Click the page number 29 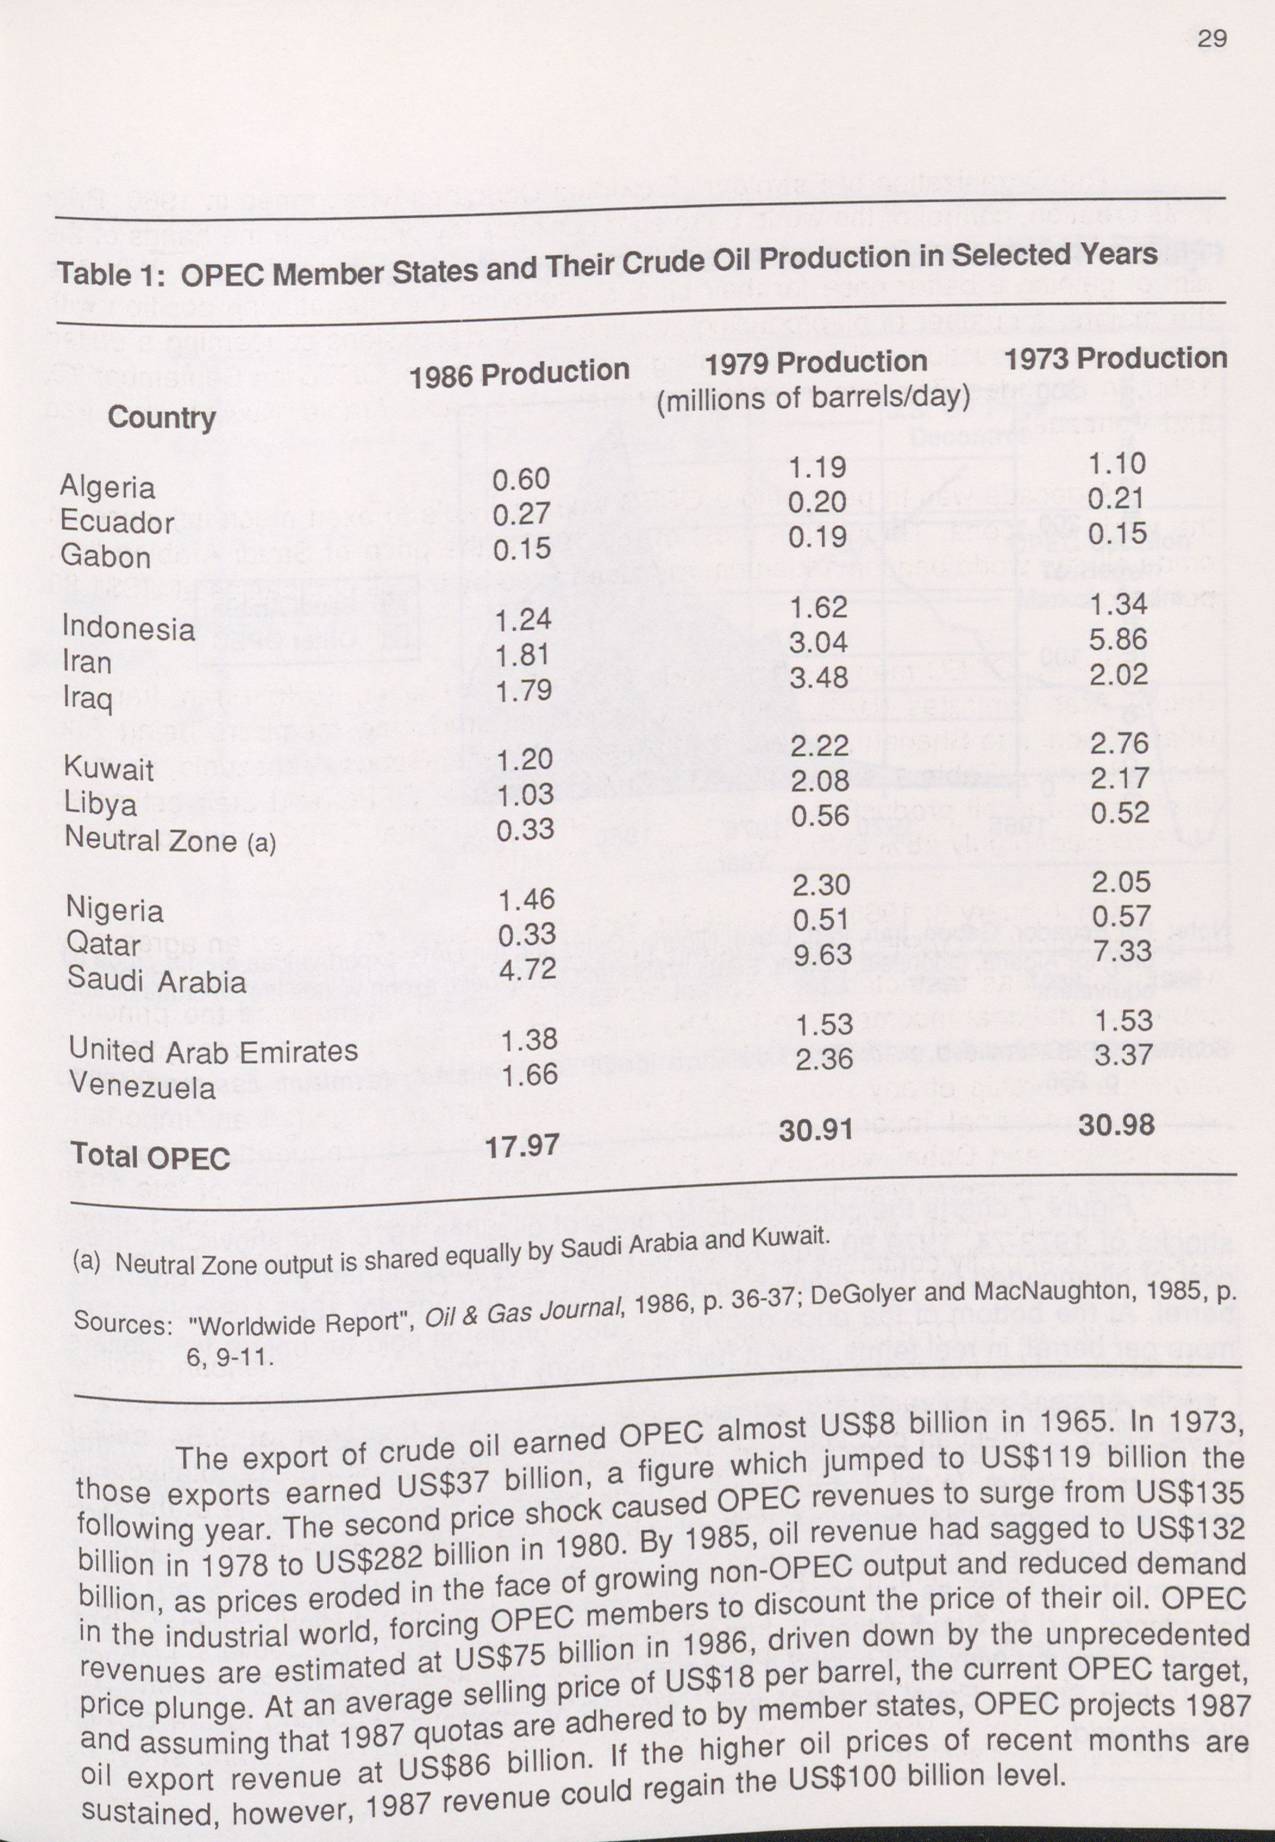point(1212,37)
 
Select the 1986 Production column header point(519,373)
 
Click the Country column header point(161,417)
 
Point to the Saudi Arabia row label point(156,981)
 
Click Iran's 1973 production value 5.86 point(1119,639)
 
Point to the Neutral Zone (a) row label point(170,839)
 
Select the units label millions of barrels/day point(813,397)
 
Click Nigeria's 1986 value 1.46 point(527,900)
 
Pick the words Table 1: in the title point(111,274)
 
